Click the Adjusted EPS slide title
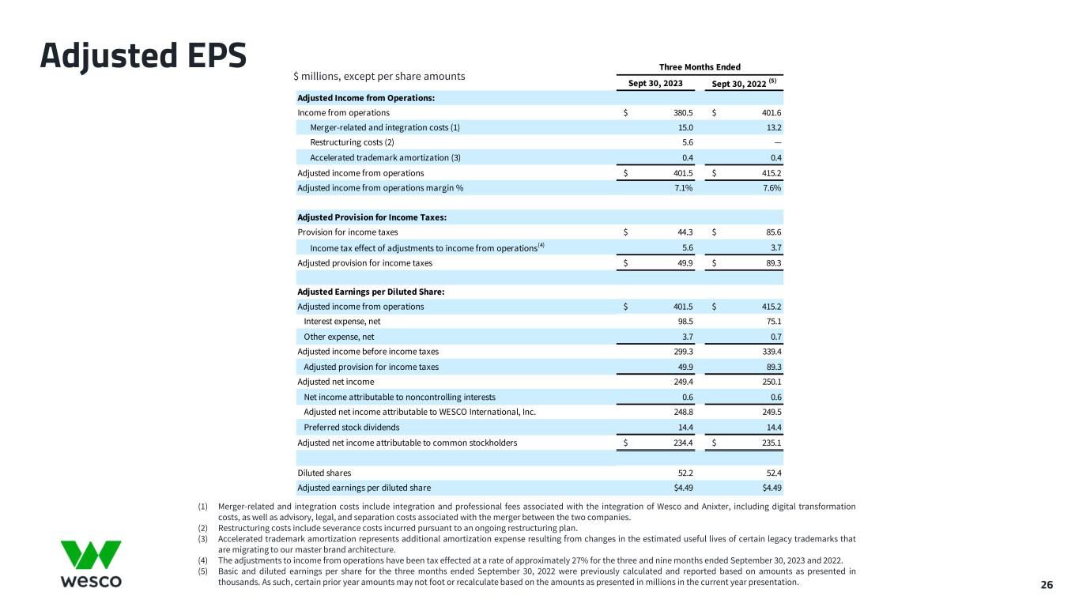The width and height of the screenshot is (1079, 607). (144, 55)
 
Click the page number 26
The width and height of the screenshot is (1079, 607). (1047, 586)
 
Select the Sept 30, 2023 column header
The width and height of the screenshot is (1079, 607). (655, 83)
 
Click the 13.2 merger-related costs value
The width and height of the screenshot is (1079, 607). (773, 128)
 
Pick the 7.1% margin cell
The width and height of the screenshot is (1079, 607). (684, 188)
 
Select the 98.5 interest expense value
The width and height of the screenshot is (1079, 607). (684, 322)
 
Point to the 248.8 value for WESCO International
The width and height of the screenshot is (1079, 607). (682, 412)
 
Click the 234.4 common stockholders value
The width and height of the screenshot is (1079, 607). (682, 443)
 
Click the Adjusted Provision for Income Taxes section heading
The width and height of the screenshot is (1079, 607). (374, 217)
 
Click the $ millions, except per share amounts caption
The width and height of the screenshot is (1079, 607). (379, 77)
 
